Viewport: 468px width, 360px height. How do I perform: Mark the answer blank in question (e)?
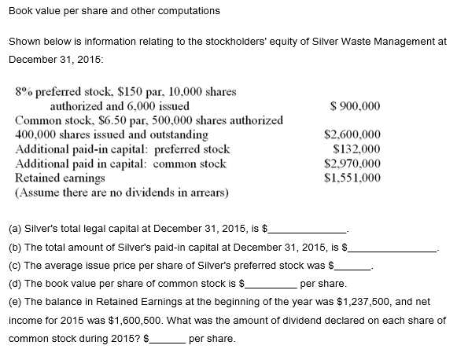pyautogui.click(x=168, y=340)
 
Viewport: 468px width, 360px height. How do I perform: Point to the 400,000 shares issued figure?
pyautogui.click(x=38, y=134)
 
